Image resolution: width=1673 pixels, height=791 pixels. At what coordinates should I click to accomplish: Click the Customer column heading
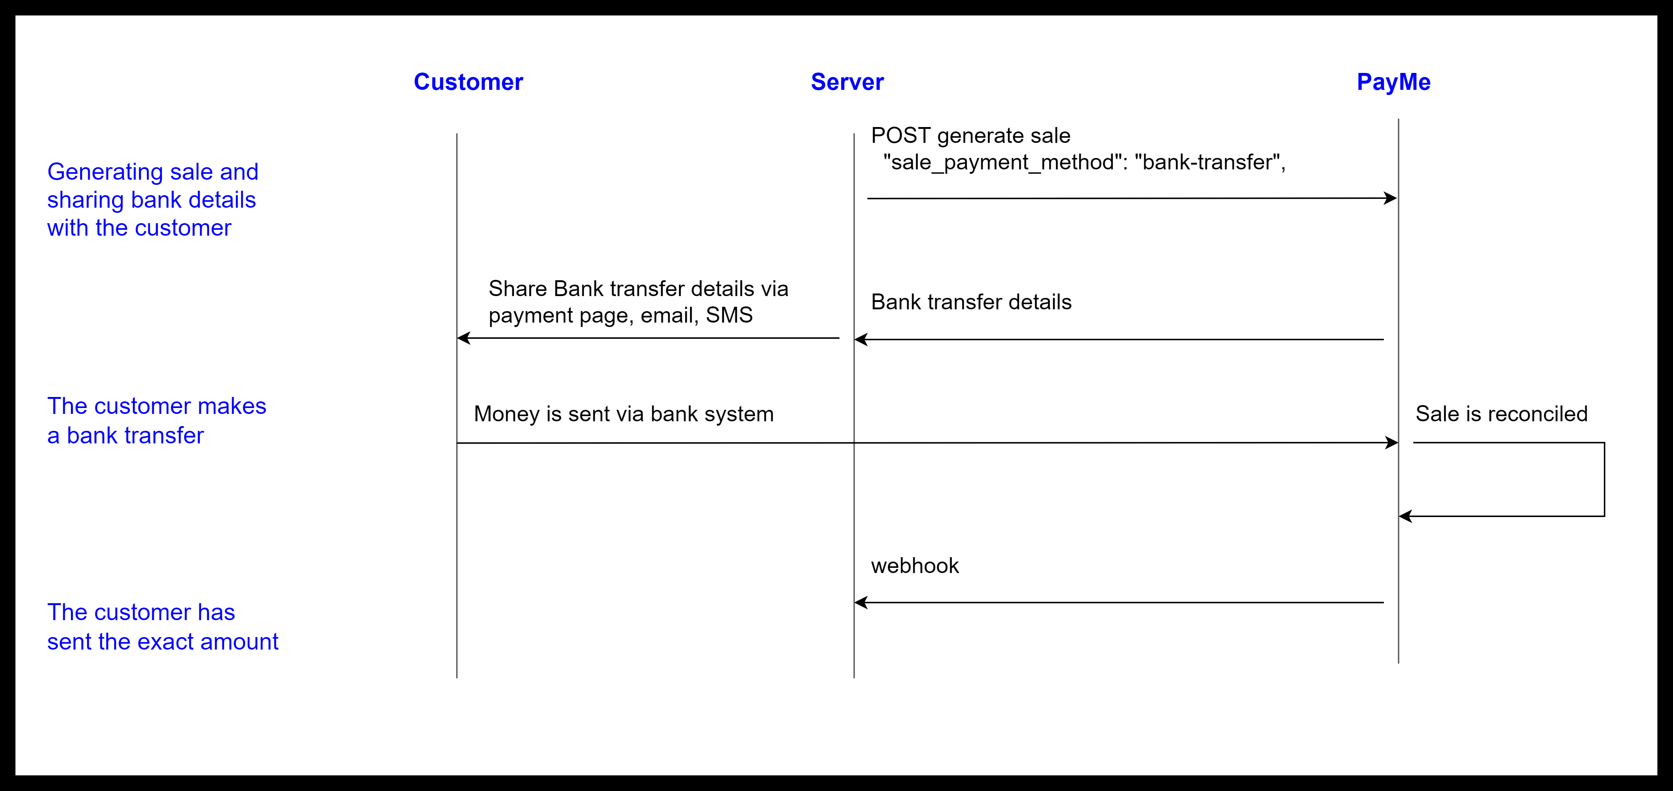(x=468, y=82)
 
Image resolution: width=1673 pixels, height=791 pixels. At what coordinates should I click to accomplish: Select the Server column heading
(x=847, y=82)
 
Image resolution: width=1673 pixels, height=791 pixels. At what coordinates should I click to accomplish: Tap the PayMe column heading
(x=1394, y=82)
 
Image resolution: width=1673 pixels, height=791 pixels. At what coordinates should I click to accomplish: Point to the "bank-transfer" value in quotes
(x=1207, y=162)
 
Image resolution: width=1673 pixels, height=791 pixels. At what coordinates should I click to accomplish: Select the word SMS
(x=729, y=315)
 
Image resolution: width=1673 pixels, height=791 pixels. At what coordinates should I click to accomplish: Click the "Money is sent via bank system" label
(x=624, y=414)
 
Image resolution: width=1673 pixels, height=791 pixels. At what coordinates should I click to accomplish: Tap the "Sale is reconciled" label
(x=1502, y=414)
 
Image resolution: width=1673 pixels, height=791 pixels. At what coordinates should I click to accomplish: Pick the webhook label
(x=914, y=566)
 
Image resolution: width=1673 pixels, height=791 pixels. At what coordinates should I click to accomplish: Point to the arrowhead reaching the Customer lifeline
(x=464, y=338)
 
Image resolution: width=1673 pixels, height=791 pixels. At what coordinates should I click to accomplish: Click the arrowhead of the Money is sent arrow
(x=1391, y=443)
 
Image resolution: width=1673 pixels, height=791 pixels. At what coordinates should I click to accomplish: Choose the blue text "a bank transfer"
(x=125, y=436)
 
